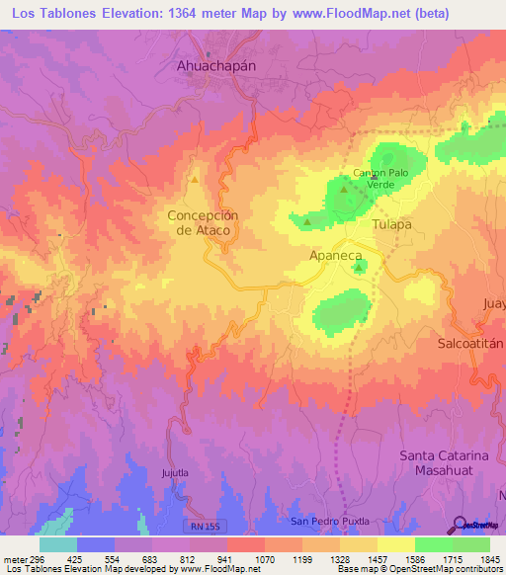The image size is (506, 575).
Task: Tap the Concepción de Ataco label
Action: pyautogui.click(x=204, y=222)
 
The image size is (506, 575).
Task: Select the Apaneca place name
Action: pyautogui.click(x=337, y=254)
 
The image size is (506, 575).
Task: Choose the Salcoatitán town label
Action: pyautogui.click(x=470, y=343)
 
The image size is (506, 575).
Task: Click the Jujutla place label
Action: pyautogui.click(x=173, y=473)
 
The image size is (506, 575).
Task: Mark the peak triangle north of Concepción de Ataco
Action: pyautogui.click(x=195, y=180)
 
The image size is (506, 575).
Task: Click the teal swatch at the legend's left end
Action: pyautogui.click(x=58, y=544)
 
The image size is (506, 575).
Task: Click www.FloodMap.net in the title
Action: pyautogui.click(x=314, y=14)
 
